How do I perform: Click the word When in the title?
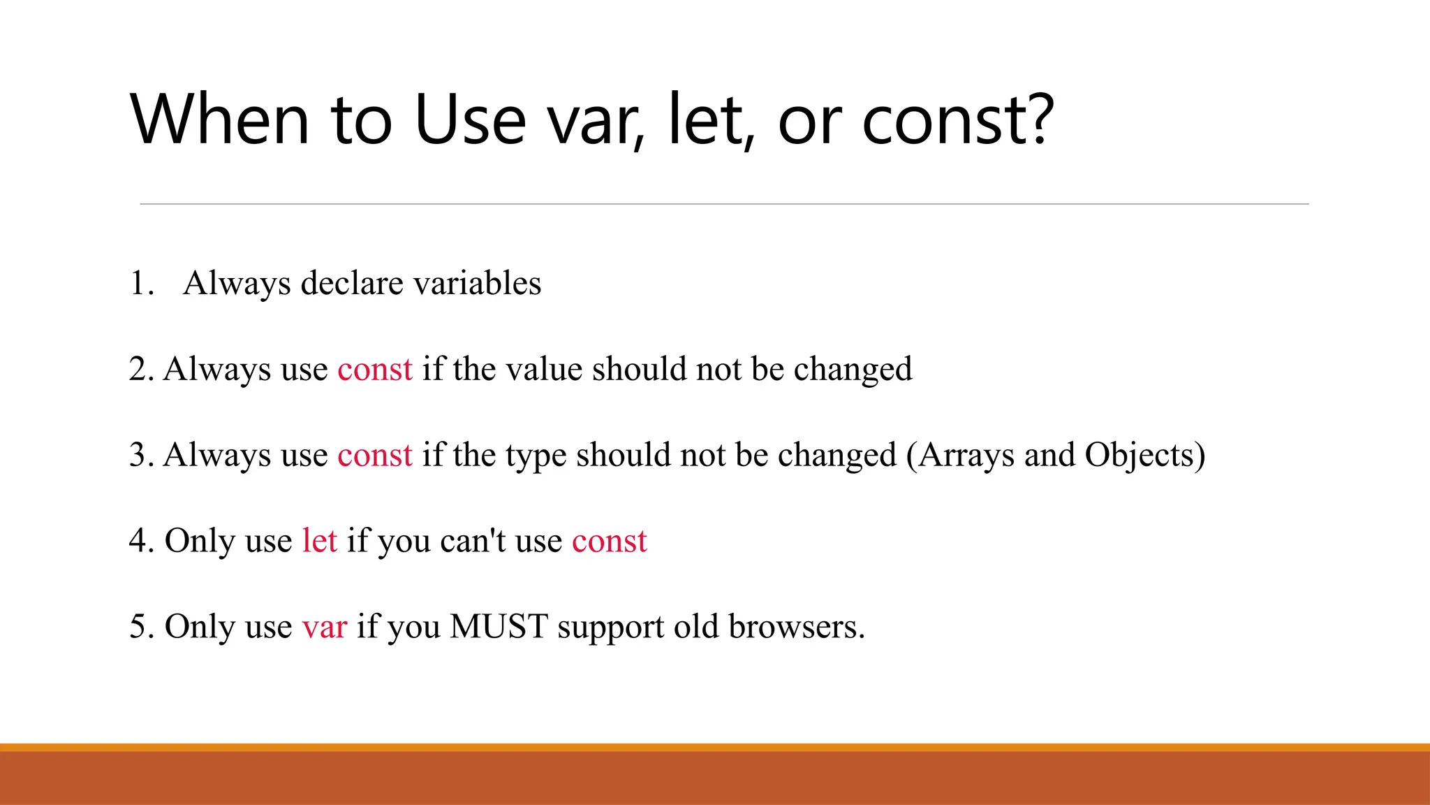pos(219,120)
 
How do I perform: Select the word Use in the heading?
pos(469,120)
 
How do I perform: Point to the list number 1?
pos(140,284)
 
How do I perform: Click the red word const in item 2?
pos(375,370)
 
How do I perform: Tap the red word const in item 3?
pos(375,456)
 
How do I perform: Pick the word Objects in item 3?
pos(1138,456)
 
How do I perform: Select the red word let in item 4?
pos(319,541)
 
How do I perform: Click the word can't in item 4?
pos(473,541)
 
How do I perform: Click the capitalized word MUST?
pos(499,627)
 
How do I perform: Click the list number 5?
pos(140,627)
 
